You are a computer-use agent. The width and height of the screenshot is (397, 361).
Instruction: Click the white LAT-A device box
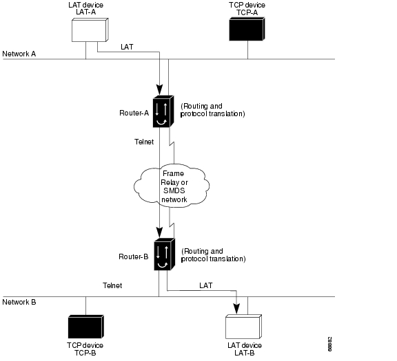coord(90,30)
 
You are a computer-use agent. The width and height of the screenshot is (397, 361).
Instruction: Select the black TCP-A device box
coord(247,29)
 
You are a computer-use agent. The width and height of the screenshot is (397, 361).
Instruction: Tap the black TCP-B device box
coord(86,327)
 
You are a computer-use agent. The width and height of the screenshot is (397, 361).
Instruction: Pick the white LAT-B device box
coord(243,327)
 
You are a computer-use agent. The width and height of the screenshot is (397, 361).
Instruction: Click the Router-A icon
coord(163,111)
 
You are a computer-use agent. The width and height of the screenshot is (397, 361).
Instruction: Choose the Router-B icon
coord(165,254)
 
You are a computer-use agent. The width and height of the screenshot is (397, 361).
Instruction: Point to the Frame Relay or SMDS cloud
coord(172,186)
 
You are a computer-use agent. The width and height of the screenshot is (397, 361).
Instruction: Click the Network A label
coord(19,54)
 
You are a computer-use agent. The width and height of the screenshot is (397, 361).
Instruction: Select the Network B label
coord(19,302)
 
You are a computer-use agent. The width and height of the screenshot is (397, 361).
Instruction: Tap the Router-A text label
coord(134,113)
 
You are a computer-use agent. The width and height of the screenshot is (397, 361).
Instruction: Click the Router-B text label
coord(134,256)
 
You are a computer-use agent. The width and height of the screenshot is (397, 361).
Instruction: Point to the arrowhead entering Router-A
coord(159,89)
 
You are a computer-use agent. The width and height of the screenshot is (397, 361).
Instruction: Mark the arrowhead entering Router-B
coord(159,232)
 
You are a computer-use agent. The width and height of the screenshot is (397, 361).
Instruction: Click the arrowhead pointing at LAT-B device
coord(236,309)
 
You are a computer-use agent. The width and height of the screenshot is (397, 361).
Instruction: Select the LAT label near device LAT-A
coord(127,47)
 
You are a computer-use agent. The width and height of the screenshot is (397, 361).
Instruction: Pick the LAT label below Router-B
coord(206,285)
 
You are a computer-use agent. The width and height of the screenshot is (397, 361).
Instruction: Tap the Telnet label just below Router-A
coord(144,142)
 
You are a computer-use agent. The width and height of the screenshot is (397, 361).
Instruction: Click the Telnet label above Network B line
coord(112,285)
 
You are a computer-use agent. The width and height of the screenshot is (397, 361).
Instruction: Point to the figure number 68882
coord(329,344)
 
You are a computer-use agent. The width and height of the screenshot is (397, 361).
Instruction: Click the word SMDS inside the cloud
coord(174,190)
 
